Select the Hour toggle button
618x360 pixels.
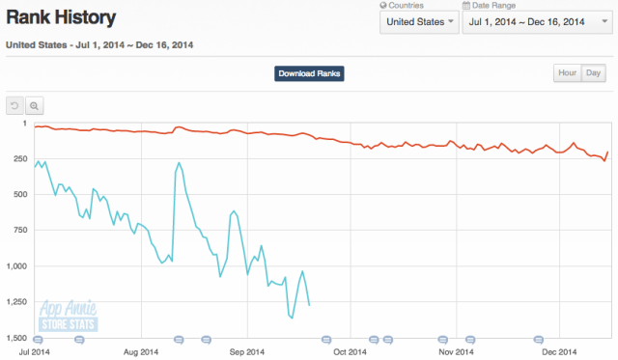click(x=566, y=73)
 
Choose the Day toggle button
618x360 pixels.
click(x=592, y=73)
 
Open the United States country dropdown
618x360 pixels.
click(x=417, y=21)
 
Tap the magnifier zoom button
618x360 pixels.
click(x=34, y=105)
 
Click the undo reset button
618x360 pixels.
click(x=14, y=105)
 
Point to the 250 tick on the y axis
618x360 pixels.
click(x=18, y=159)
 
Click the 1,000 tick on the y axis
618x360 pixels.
click(x=14, y=266)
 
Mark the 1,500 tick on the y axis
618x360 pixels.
click(x=14, y=338)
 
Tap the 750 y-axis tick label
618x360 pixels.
click(x=18, y=231)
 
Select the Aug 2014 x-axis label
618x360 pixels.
click(x=142, y=352)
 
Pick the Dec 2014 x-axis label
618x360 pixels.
click(x=558, y=352)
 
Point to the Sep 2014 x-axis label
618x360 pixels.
click(x=246, y=352)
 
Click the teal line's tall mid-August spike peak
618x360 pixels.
click(x=181, y=161)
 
